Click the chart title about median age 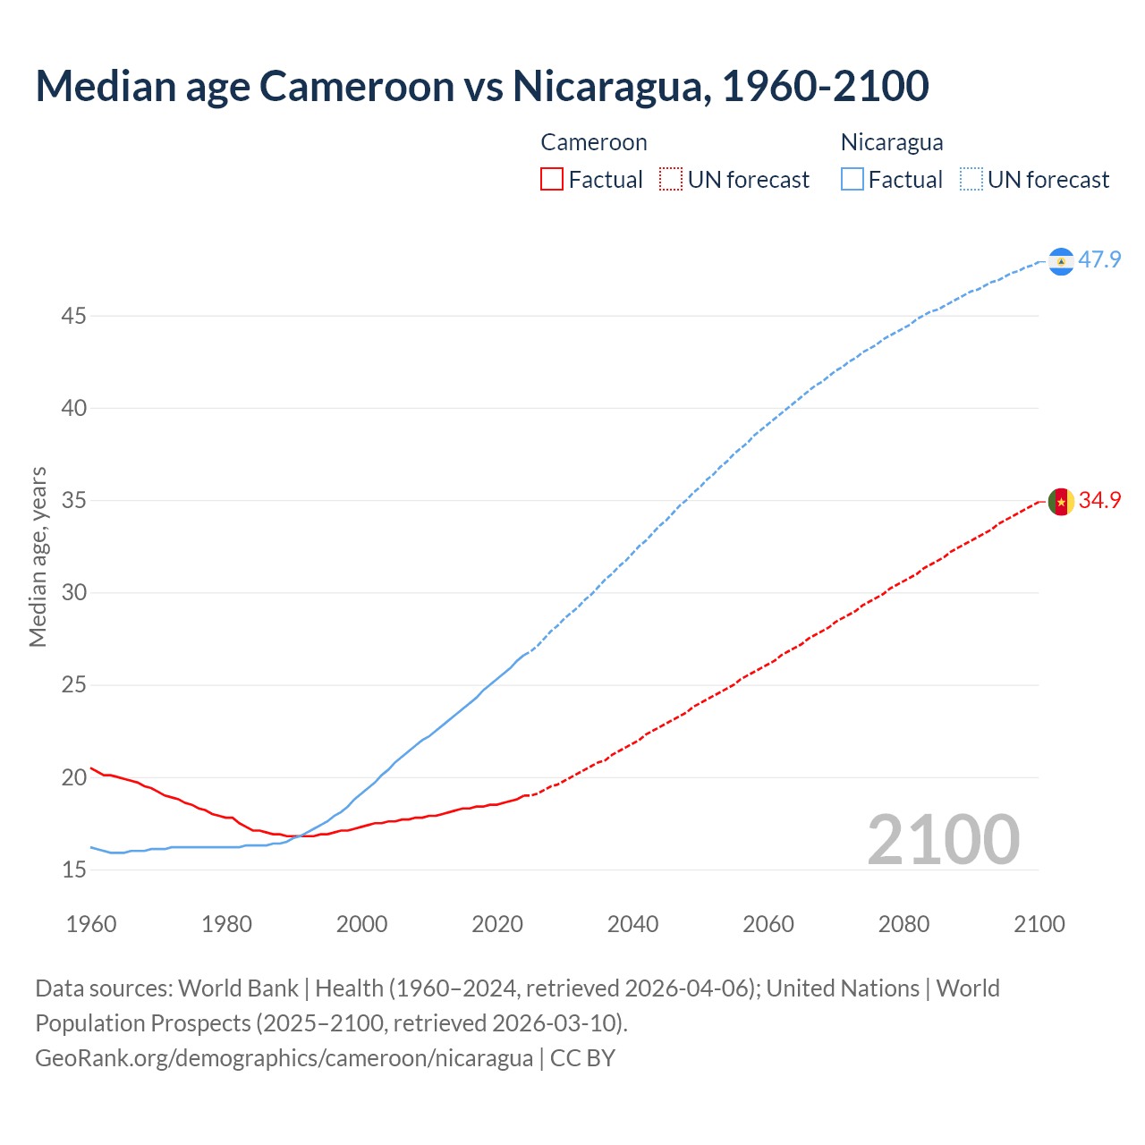coord(482,86)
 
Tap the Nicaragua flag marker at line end coord(1061,260)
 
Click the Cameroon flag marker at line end coord(1061,502)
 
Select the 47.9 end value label coord(1099,260)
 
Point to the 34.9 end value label coord(1099,501)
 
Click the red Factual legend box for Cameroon coord(552,180)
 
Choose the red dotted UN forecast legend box coord(671,180)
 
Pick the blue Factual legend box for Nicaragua coord(852,180)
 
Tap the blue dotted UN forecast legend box coord(971,180)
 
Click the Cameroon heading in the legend coord(594,142)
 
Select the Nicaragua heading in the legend coord(892,142)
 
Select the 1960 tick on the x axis coord(91,924)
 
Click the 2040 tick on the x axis coord(632,924)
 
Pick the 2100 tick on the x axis coord(1039,924)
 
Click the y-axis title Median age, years coord(38,556)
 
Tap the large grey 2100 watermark coord(943,840)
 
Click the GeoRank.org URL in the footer coord(284,1058)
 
